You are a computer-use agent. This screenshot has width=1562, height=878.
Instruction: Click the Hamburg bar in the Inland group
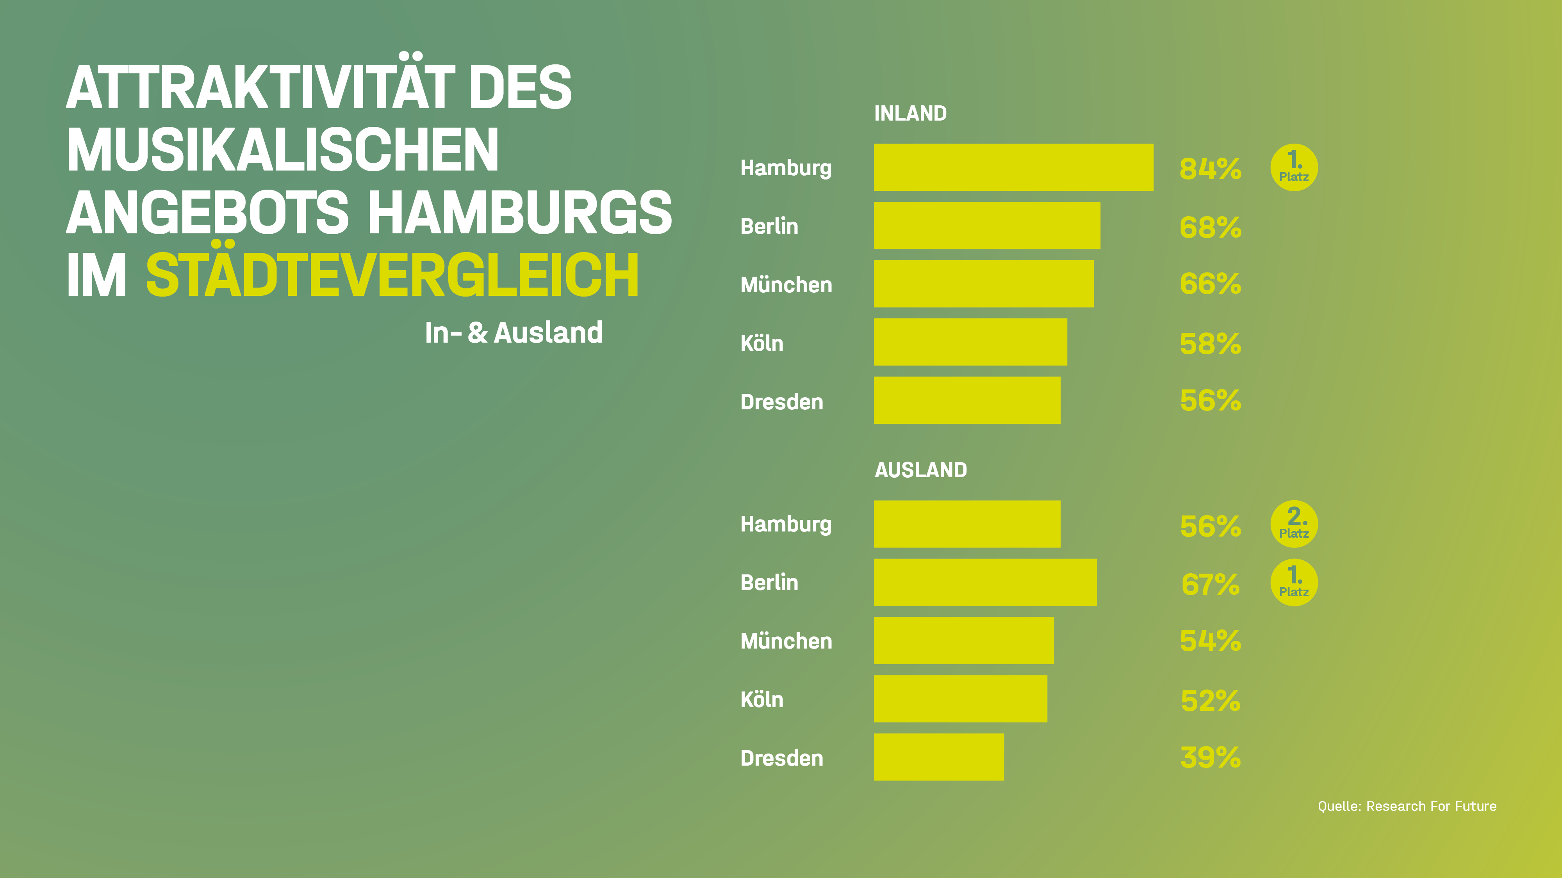1013,167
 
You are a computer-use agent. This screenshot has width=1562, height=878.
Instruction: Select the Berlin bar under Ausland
985,582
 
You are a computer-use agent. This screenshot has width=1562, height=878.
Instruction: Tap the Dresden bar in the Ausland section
939,757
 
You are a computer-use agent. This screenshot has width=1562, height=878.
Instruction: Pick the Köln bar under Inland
970,342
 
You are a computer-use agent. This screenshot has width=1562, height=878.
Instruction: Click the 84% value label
1210,169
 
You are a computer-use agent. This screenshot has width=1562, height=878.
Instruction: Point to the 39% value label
1210,757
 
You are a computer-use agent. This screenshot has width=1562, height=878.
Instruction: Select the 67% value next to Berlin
1210,584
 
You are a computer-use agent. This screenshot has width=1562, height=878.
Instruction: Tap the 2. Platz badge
1294,524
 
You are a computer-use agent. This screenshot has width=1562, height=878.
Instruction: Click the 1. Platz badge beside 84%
1294,168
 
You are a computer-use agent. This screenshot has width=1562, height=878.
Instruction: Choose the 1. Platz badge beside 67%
1294,582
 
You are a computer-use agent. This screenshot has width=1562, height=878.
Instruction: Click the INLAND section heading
910,113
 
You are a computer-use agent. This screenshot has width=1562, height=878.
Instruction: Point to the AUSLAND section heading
920,470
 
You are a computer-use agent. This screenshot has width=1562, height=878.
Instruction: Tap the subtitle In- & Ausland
514,332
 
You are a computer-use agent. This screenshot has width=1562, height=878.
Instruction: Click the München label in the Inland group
786,285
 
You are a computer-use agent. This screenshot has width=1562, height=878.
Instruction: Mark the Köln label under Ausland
761,700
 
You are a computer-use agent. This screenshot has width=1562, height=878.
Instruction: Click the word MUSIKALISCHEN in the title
283,150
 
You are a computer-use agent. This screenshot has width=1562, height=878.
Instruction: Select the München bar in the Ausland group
963,640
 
